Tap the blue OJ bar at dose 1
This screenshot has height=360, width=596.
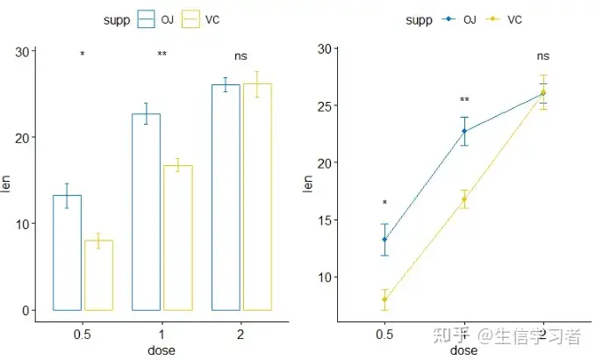pyautogui.click(x=146, y=212)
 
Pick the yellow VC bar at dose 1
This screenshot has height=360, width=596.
pyautogui.click(x=177, y=237)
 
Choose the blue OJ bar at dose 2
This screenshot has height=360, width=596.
pyautogui.click(x=226, y=197)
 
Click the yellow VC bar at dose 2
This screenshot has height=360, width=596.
pyautogui.click(x=257, y=197)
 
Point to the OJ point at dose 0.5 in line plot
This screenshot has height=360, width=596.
pyautogui.click(x=384, y=240)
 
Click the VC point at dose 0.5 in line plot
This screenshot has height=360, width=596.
pyautogui.click(x=384, y=299)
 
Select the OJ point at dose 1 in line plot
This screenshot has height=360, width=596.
pyautogui.click(x=464, y=132)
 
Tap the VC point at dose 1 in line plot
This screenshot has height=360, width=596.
pyautogui.click(x=464, y=199)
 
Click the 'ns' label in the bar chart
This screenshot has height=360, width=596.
pyautogui.click(x=241, y=56)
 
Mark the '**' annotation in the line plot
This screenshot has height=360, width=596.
pyautogui.click(x=464, y=100)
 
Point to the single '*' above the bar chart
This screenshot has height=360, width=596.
pyautogui.click(x=83, y=54)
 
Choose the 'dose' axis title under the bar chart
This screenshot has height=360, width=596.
pyautogui.click(x=162, y=350)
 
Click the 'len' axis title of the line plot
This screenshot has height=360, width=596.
pyautogui.click(x=307, y=184)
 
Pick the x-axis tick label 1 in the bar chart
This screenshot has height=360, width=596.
pyautogui.click(x=162, y=335)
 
